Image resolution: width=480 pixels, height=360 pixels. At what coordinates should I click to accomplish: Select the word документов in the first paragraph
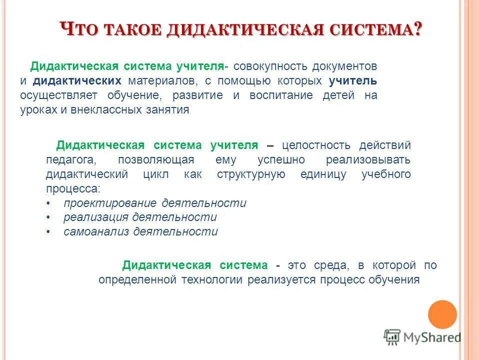pyautogui.click(x=344, y=66)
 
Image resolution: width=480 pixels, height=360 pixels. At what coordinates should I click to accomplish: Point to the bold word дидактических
pyautogui.click(x=77, y=81)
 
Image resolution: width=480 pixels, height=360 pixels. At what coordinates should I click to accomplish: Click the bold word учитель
pyautogui.click(x=353, y=81)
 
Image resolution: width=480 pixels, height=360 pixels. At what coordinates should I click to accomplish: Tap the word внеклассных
pyautogui.click(x=106, y=110)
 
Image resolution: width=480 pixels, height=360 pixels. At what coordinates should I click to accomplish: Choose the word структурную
pyautogui.click(x=251, y=174)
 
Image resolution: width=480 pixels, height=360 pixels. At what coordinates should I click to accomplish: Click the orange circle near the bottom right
pyautogui.click(x=442, y=314)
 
